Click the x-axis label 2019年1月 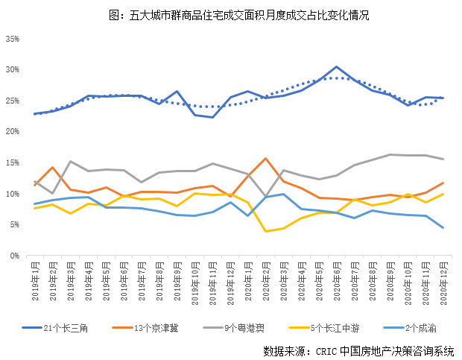[34, 281]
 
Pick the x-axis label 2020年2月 [265, 281]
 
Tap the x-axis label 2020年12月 [443, 281]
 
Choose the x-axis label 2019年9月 [177, 281]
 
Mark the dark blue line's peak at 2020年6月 [337, 67]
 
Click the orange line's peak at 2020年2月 [265, 158]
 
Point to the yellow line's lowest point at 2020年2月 [265, 231]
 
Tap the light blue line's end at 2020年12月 [443, 227]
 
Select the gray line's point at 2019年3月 [70, 161]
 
